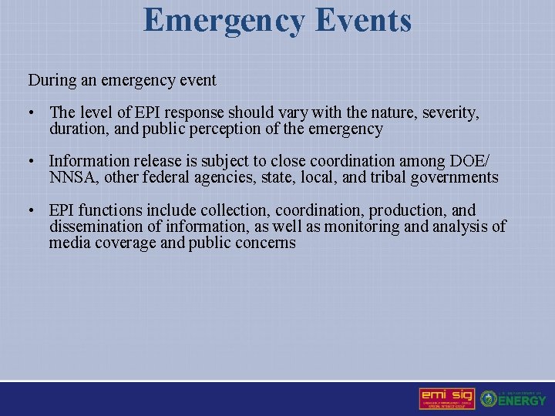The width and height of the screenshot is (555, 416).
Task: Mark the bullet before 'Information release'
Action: point(31,162)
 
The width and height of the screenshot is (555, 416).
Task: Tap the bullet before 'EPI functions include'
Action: point(31,210)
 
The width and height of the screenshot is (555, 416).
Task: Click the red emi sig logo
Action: point(446,398)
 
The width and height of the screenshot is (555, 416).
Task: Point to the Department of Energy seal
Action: point(488,399)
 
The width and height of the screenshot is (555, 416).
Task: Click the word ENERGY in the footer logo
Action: point(522,401)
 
